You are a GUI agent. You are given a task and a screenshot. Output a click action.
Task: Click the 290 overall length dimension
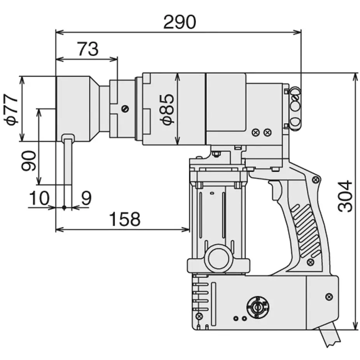(x=179, y=23)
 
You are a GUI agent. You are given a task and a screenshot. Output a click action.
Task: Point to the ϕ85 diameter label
(x=168, y=109)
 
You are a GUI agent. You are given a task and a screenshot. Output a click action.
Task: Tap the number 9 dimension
(x=86, y=198)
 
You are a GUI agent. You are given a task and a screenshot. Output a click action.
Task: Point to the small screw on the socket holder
(x=124, y=109)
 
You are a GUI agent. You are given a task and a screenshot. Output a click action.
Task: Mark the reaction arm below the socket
(x=68, y=161)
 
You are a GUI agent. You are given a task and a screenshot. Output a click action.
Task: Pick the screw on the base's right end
(x=330, y=296)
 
